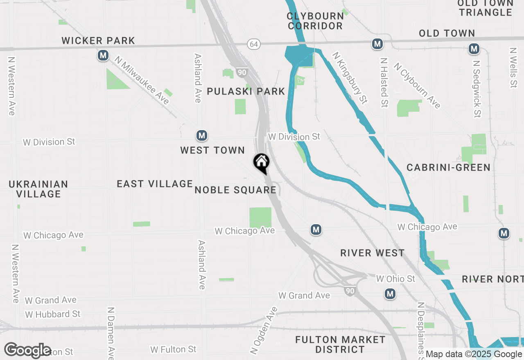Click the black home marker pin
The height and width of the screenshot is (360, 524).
click(261, 163)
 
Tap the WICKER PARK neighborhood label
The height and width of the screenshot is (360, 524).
click(98, 40)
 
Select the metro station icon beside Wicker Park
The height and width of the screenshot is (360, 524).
click(103, 55)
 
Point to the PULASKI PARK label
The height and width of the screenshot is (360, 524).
click(246, 91)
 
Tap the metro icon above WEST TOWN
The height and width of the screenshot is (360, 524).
click(201, 135)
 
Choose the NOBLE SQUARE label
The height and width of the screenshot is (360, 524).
click(235, 190)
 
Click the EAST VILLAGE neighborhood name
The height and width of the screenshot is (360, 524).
click(155, 184)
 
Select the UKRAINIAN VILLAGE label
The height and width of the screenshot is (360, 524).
click(38, 189)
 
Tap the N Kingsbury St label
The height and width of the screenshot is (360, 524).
click(350, 78)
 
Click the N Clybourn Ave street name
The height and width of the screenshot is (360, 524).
click(418, 85)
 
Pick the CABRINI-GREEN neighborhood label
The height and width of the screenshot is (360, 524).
click(448, 167)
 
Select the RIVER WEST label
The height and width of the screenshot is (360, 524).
click(372, 253)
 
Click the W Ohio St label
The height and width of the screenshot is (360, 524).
click(395, 279)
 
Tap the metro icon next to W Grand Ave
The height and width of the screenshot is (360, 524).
click(390, 294)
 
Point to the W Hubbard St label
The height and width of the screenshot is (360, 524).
click(53, 314)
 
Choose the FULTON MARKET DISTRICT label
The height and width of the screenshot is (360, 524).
click(340, 344)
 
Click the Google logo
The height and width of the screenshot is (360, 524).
click(28, 351)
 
